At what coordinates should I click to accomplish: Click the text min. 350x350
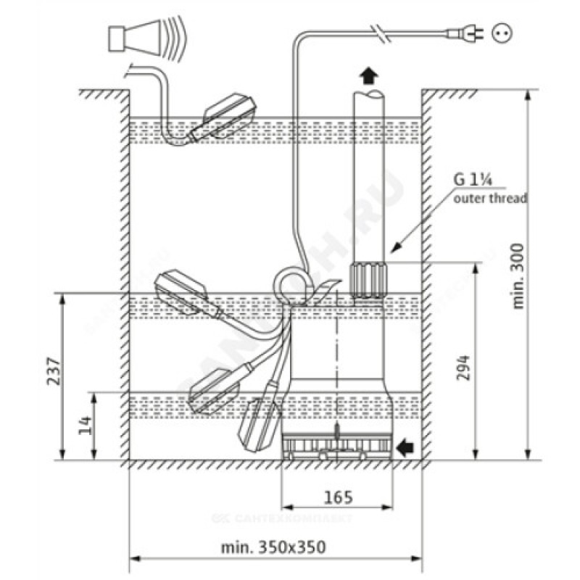click(273, 546)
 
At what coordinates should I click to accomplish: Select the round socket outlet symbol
click(501, 32)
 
